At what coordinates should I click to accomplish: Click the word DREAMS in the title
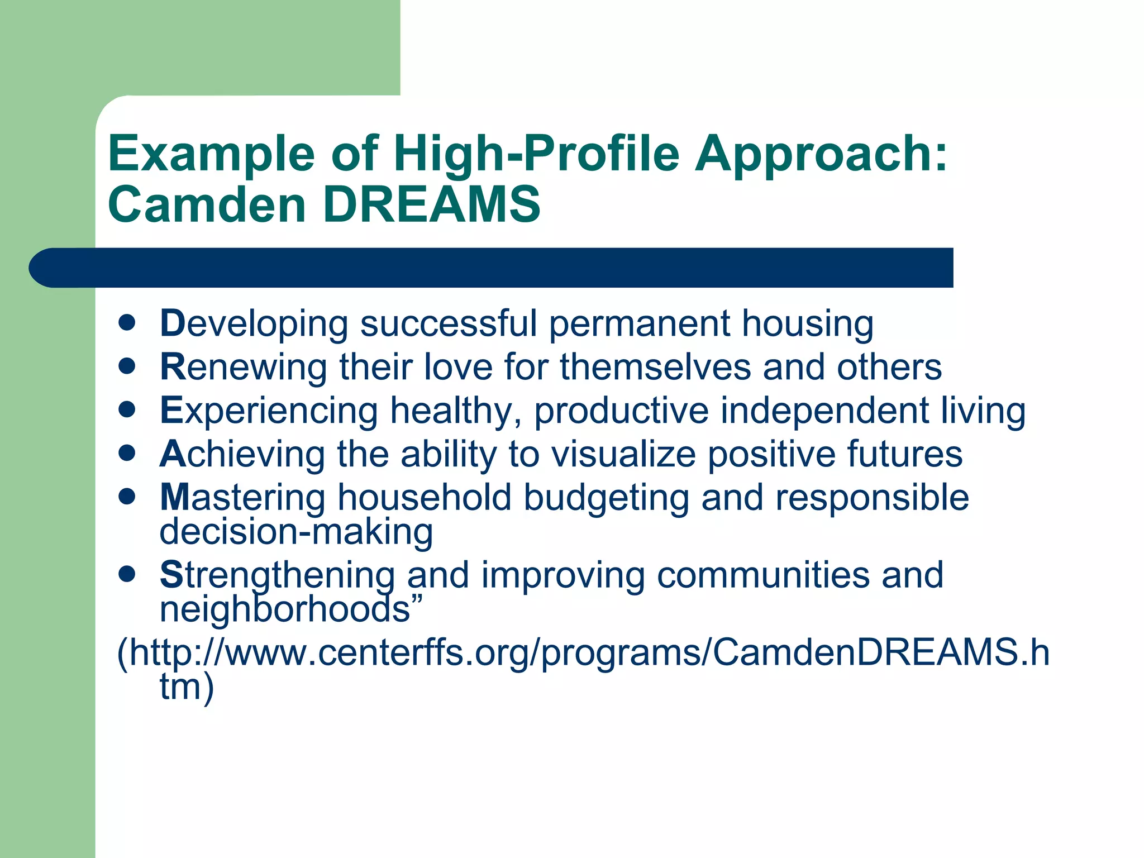point(431,204)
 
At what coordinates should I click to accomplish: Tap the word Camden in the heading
point(207,204)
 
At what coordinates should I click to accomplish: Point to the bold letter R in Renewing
point(171,367)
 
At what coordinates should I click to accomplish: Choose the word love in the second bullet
point(458,367)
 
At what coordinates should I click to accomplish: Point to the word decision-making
point(296,532)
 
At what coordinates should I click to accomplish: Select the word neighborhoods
point(285,609)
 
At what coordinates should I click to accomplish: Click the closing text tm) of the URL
point(187,687)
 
